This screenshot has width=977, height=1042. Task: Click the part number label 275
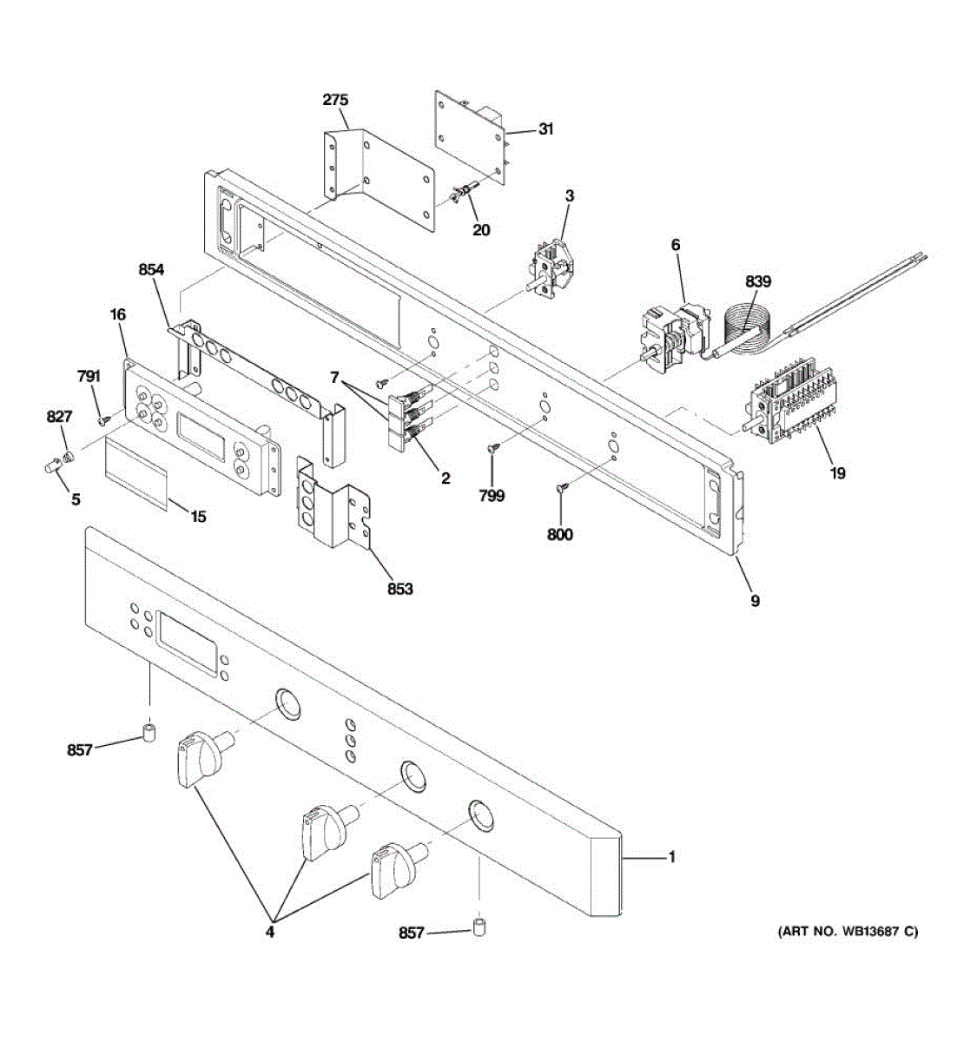[x=335, y=100]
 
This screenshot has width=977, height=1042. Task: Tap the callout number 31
[x=545, y=129]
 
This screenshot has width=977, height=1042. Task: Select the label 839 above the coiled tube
[x=757, y=281]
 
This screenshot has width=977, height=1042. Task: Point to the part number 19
[x=837, y=473]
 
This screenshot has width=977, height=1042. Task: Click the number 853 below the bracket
[x=400, y=589]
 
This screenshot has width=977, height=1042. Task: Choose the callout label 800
[x=560, y=535]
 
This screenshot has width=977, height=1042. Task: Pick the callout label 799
[x=492, y=496]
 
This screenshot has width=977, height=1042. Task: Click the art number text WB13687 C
[x=847, y=933]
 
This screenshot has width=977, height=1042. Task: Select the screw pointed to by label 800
[x=560, y=489]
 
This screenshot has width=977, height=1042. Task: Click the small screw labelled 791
[x=104, y=419]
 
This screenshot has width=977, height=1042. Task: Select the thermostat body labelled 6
[x=673, y=339]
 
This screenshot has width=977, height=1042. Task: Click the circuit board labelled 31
[x=469, y=139]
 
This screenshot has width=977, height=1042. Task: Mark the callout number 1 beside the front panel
[x=671, y=857]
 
